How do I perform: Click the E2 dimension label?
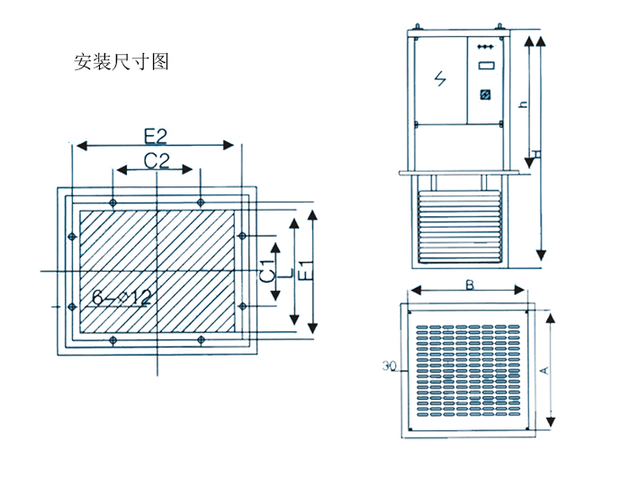click(156, 136)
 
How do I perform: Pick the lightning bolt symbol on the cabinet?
click(440, 78)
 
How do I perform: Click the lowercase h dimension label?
click(523, 104)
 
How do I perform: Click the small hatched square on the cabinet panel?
click(484, 94)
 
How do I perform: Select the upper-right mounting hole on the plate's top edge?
click(200, 200)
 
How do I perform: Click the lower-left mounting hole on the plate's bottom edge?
click(112, 339)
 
